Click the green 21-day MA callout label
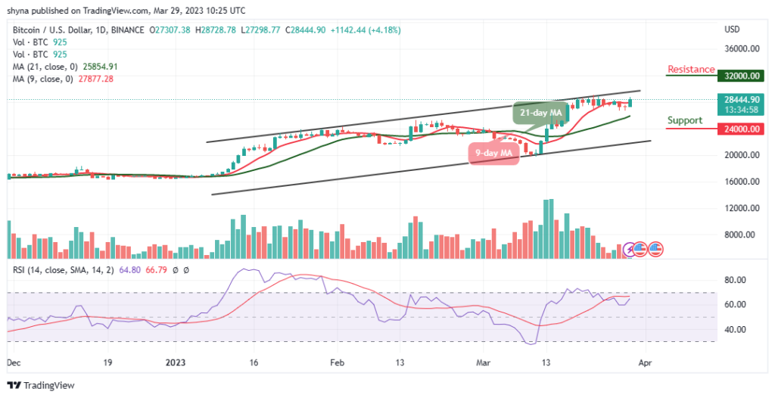point(540,113)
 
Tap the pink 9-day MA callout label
point(493,153)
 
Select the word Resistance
point(691,70)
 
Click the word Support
point(684,120)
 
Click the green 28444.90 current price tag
point(742,99)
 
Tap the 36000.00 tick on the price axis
point(742,49)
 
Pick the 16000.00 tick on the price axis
point(742,182)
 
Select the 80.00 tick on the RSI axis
point(736,280)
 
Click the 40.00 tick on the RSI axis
point(736,330)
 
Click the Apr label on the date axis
point(645,362)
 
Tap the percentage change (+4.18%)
point(384,30)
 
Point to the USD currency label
point(732,30)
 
